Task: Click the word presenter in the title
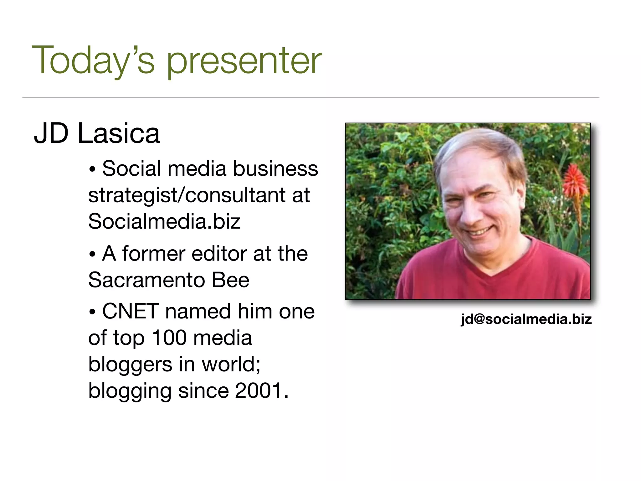click(x=244, y=61)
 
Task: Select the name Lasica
click(x=119, y=134)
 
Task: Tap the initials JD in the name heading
click(x=51, y=134)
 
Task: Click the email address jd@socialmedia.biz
click(x=526, y=319)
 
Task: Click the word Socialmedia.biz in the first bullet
click(x=164, y=221)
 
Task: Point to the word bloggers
click(x=130, y=365)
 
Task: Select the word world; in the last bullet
click(x=231, y=365)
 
